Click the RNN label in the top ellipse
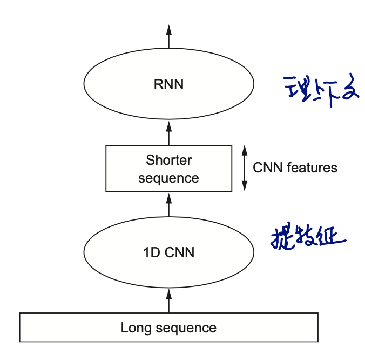[168, 84]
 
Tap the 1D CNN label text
[168, 252]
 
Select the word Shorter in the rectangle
[168, 160]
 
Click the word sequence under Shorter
[168, 178]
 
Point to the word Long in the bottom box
[133, 328]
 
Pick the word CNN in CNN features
[267, 168]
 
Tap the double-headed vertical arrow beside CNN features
[244, 168]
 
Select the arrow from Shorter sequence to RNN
[168, 132]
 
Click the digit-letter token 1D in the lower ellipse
[150, 252]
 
